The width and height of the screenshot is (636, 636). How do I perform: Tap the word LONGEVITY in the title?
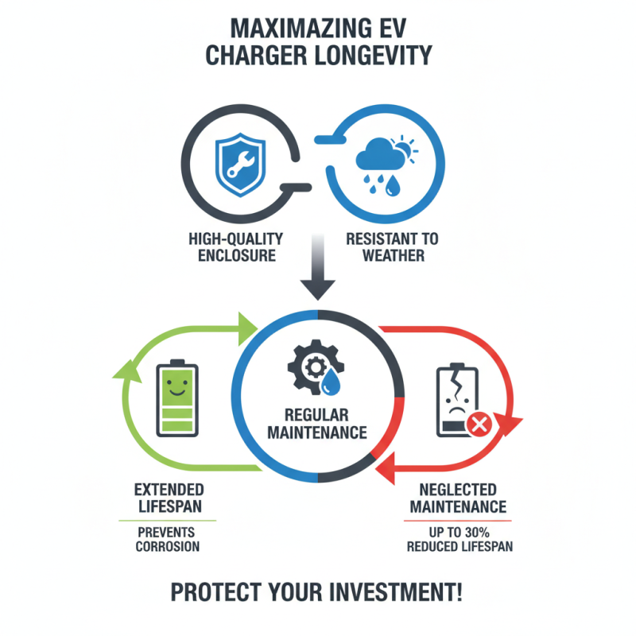(x=373, y=55)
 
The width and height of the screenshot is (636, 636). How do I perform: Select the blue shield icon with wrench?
(x=241, y=165)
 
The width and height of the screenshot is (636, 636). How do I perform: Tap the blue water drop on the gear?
(x=331, y=382)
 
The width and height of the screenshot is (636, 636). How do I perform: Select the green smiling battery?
(x=177, y=397)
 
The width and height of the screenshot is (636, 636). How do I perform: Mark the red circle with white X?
(x=479, y=425)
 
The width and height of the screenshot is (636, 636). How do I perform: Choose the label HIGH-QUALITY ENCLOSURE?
(x=236, y=247)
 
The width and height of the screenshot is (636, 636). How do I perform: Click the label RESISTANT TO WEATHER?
(x=392, y=247)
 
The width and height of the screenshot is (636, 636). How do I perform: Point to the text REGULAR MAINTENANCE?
(x=317, y=424)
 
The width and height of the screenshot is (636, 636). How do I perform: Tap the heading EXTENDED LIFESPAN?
(x=169, y=498)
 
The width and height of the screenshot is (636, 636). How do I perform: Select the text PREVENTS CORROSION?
(x=168, y=540)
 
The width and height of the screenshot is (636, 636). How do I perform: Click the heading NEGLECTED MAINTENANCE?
(x=458, y=498)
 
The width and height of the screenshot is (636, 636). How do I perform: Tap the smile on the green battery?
(x=177, y=392)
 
